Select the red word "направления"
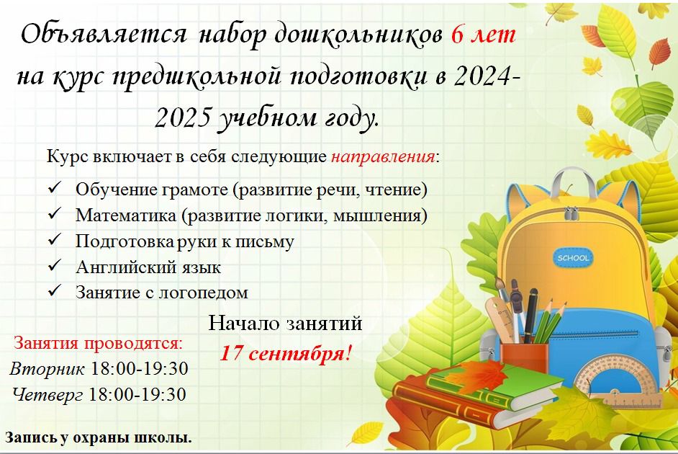tap(383, 156)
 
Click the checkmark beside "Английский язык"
tap(55, 265)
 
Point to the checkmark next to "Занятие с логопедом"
tap(55, 291)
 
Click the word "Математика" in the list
tap(126, 215)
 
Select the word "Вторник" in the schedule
tap(47, 369)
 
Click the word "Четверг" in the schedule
tap(47, 395)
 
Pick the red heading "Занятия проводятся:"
tap(99, 344)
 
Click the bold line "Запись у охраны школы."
tap(98, 437)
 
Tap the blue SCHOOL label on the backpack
tap(573, 257)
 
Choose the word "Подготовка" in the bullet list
tap(125, 241)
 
